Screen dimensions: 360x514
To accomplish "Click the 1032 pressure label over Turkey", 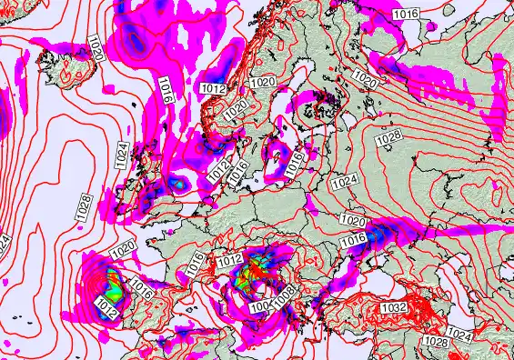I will point(394,308).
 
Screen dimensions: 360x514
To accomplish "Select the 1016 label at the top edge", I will point(406,14).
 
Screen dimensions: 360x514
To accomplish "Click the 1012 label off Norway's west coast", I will point(213,86).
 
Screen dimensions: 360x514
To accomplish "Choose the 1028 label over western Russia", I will point(388,135).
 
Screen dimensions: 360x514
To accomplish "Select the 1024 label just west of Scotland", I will point(121,154).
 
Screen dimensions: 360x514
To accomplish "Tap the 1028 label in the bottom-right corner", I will point(436,342).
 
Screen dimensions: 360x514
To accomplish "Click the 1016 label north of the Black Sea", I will point(352,239).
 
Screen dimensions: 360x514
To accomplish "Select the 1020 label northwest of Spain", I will point(123,247).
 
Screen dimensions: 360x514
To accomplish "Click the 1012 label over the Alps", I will point(230,262).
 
